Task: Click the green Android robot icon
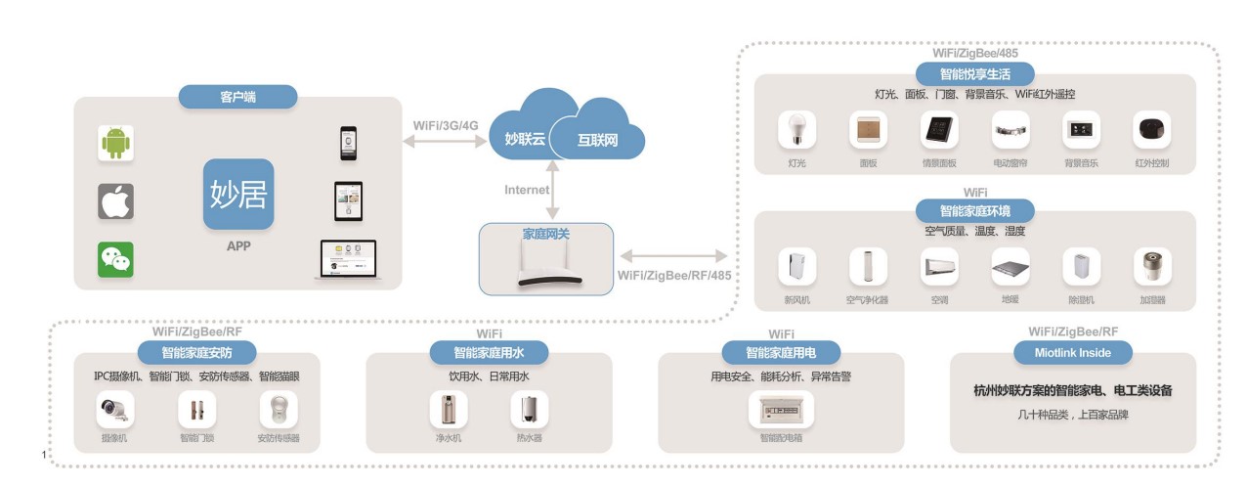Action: pos(115,143)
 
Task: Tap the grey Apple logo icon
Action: pos(115,201)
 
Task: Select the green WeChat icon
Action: pos(115,260)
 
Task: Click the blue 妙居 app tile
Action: pos(238,194)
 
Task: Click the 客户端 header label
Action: pos(237,97)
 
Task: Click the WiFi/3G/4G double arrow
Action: pos(447,141)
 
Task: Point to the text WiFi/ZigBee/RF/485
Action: pos(674,275)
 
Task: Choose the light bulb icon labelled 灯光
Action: pos(796,131)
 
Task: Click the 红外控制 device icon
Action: pos(1151,131)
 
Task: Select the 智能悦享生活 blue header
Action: pos(973,73)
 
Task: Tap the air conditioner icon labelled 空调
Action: pos(939,267)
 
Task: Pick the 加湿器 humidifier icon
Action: pos(1151,267)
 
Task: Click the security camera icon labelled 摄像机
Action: pos(115,410)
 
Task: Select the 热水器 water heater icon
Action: pos(529,410)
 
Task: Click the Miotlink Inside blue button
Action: pos(1072,352)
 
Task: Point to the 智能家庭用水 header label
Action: pos(489,352)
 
